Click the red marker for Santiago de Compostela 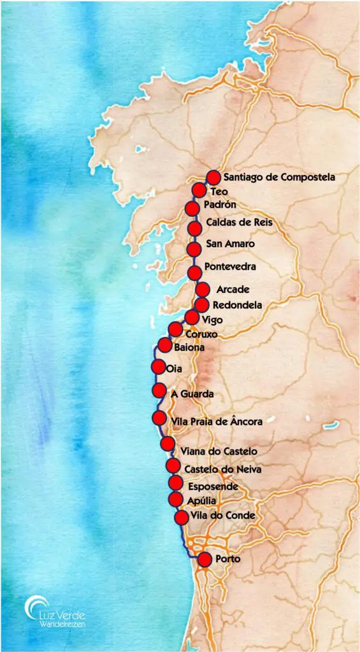coord(213,178)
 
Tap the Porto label coord(228,559)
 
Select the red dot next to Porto coord(204,559)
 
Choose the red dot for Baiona coord(164,346)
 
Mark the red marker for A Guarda coord(159,390)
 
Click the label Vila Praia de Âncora coord(217,420)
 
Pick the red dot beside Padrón coord(191,208)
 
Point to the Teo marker coord(199,190)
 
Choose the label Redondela coord(237,305)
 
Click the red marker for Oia coord(157,366)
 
